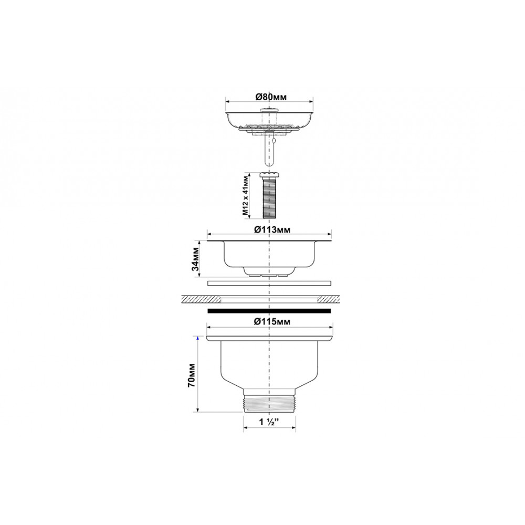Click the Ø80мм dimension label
271,97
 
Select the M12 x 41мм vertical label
246,196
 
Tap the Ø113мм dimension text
272,230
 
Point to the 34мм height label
196,259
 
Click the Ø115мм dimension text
272,321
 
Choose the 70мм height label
192,375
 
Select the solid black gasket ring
269,311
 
